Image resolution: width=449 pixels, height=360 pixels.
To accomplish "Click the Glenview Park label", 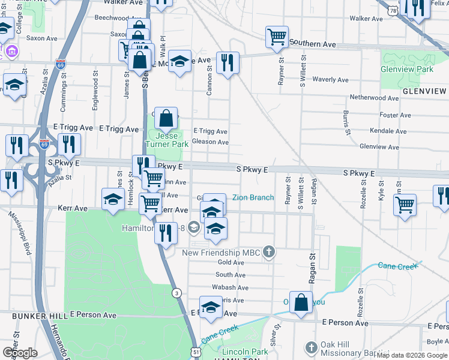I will coord(406,69).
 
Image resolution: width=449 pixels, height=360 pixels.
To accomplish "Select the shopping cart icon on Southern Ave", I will coord(277,37).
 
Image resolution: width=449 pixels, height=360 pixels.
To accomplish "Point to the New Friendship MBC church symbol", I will coord(270,253).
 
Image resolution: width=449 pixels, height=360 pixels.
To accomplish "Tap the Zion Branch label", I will coord(253,197).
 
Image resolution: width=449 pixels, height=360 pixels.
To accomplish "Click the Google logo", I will coord(20,353).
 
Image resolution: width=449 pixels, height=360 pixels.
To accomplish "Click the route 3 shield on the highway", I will coord(176,293).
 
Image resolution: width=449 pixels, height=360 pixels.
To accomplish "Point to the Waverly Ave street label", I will coord(330,80).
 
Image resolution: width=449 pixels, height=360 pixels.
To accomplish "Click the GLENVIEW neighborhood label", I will coord(424,91).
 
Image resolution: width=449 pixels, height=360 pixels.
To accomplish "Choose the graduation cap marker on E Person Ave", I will coord(211,308).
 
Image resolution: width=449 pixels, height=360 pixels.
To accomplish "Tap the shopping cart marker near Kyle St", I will coord(405,205).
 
